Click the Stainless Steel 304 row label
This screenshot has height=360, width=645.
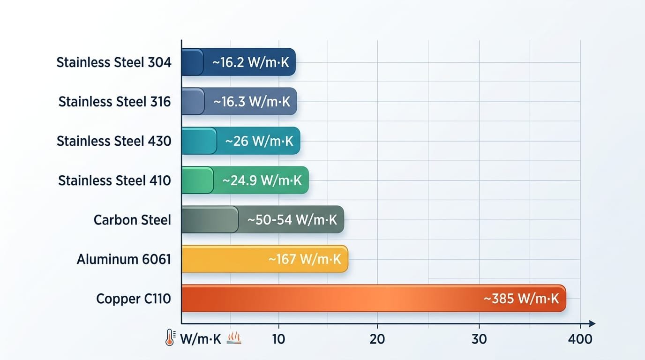[x=114, y=62]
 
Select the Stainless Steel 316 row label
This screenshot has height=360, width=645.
[x=115, y=102]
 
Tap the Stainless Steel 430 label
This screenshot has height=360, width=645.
[x=114, y=141]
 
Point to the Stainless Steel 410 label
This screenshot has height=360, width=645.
[x=115, y=180]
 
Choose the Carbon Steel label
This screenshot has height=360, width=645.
[x=132, y=220]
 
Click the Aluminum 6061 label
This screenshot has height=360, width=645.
[x=124, y=259]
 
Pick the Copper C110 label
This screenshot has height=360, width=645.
[x=134, y=299]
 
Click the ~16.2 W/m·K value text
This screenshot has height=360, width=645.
[x=250, y=62]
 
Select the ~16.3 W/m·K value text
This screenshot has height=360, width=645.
[x=252, y=102]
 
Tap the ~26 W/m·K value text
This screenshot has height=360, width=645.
[x=259, y=141]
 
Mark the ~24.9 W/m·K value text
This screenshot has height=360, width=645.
[x=262, y=180]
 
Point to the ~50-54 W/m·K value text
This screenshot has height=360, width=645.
[x=292, y=220]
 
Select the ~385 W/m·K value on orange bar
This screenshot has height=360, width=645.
[x=521, y=299]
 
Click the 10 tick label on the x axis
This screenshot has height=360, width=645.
[x=278, y=339]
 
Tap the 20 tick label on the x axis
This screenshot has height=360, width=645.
[x=377, y=339]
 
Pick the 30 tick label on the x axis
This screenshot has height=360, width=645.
[x=479, y=339]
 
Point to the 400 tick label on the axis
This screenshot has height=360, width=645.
[x=579, y=339]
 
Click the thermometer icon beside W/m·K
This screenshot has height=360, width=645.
[x=170, y=338]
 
